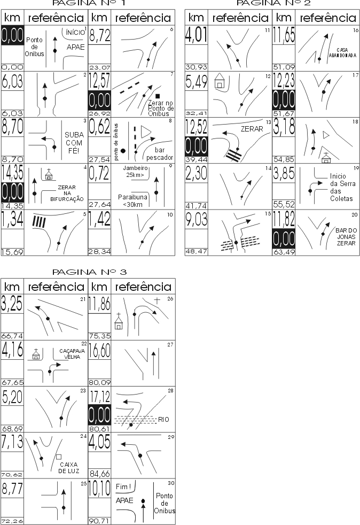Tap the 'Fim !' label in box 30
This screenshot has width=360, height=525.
tap(123, 487)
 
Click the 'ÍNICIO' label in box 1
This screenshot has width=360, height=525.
tap(75, 33)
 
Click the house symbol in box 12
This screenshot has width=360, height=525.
tap(218, 83)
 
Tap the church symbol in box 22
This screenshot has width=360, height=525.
tap(36, 355)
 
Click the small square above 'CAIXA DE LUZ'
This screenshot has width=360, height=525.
tap(58, 457)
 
